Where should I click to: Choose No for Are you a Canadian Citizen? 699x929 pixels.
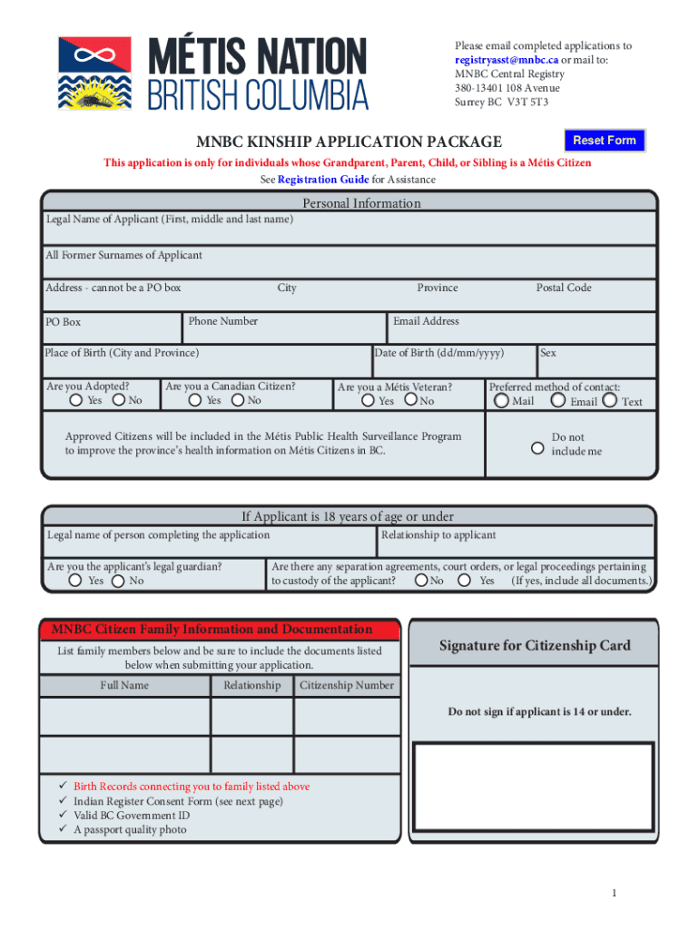tap(238, 400)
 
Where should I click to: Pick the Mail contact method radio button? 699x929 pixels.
tap(502, 400)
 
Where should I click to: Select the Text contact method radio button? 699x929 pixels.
tap(609, 400)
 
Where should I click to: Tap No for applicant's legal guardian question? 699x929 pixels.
tap(118, 581)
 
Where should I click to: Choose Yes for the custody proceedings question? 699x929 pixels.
tap(465, 581)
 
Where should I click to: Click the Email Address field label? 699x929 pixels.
tap(426, 321)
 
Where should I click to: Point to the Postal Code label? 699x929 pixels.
tap(563, 288)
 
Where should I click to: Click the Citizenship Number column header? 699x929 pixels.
tap(347, 685)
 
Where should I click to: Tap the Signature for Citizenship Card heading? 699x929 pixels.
tap(535, 646)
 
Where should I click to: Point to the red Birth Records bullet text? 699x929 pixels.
tap(192, 787)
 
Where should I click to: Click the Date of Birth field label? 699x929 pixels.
tap(438, 353)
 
